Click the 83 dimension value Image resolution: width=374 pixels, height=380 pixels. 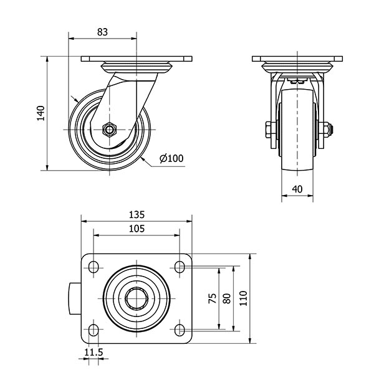pyautogui.click(x=102, y=32)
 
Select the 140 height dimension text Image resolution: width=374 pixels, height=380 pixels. pyautogui.click(x=41, y=113)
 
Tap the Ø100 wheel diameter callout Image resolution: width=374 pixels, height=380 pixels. pyautogui.click(x=171, y=158)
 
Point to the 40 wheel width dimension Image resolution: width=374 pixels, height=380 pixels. pyautogui.click(x=297, y=189)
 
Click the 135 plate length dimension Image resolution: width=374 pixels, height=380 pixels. pyautogui.click(x=137, y=215)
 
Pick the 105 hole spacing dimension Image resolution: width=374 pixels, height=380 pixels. pyautogui.click(x=137, y=229)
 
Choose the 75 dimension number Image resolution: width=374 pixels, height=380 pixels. pyautogui.click(x=213, y=298)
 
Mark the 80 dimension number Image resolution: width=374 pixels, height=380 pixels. pyautogui.click(x=227, y=298)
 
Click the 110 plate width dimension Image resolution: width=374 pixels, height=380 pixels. pyautogui.click(x=243, y=298)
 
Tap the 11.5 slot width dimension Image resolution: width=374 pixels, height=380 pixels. pyautogui.click(x=93, y=352)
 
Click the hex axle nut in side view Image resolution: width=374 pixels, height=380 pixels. pyautogui.click(x=109, y=130)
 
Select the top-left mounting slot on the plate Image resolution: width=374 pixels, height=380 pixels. pyautogui.click(x=93, y=267)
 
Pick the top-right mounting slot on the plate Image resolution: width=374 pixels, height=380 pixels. pyautogui.click(x=180, y=267)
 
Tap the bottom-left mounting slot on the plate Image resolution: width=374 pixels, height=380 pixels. pyautogui.click(x=93, y=330)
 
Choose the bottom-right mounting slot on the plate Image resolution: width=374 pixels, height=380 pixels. pyautogui.click(x=180, y=330)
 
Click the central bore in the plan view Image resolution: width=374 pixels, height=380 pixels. pyautogui.click(x=137, y=298)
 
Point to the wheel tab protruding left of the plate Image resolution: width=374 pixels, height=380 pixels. pyautogui.click(x=75, y=298)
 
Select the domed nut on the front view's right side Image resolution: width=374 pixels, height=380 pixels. pyautogui.click(x=328, y=130)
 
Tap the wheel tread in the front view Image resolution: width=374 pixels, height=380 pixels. pyautogui.click(x=297, y=130)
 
